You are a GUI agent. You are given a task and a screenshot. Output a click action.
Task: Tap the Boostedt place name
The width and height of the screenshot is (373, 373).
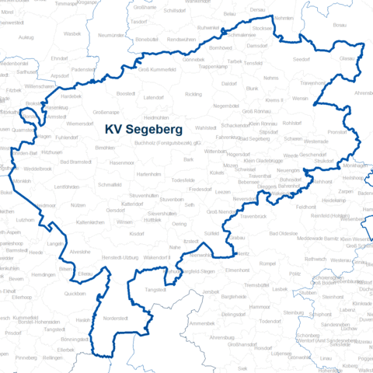point(126,93)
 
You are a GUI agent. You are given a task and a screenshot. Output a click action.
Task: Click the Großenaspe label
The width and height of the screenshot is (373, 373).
point(106,111)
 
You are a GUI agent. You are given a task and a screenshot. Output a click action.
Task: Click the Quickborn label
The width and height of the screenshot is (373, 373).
point(75,295)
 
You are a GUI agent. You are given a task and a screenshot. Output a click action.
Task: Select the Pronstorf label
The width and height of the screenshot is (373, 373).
point(339,133)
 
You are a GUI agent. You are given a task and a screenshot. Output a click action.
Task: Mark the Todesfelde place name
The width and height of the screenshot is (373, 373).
point(183,180)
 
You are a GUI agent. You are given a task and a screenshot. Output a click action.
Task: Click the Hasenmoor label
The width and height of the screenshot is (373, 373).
point(122,162)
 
